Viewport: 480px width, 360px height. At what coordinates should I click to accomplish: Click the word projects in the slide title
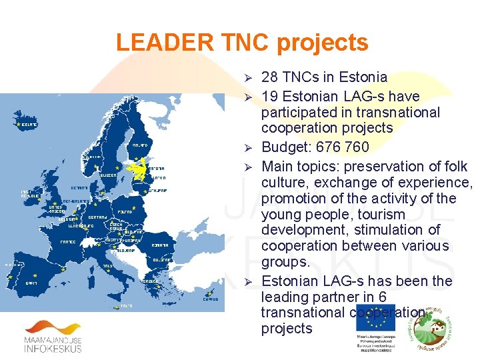pos(323,43)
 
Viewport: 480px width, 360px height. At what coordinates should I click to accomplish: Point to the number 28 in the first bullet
pos(270,77)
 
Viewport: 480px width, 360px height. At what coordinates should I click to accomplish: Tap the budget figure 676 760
pos(351,147)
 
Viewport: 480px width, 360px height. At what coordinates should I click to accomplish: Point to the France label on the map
pos(69,242)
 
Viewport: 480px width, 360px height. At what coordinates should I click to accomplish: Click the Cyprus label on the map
pos(210,299)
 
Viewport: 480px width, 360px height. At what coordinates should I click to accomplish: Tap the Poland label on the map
pos(124,213)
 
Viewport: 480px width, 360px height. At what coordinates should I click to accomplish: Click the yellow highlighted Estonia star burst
pos(141,170)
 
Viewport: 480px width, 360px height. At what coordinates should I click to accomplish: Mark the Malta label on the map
pos(125,306)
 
